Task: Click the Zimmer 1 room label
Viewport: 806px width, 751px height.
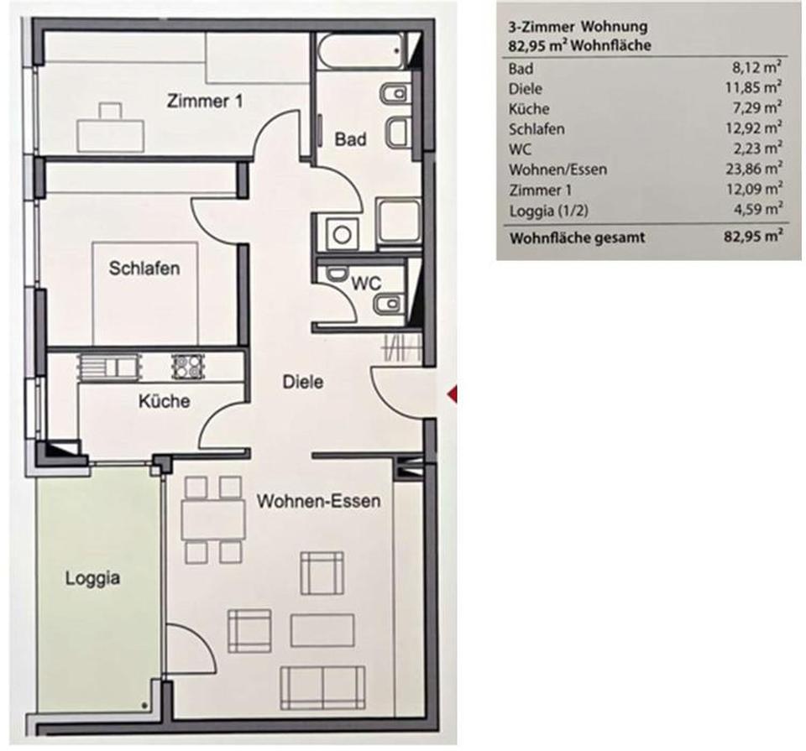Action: pos(205,102)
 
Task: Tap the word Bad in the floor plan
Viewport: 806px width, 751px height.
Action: pos(351,139)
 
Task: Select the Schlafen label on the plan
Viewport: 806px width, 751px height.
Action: pos(144,269)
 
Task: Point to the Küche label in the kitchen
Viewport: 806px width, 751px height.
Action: pos(164,401)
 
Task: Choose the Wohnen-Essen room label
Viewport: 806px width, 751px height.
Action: pos(318,502)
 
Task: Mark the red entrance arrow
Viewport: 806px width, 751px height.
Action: pos(452,392)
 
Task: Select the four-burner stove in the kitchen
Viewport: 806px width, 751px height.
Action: pos(187,367)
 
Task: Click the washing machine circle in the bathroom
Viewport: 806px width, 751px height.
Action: pos(341,232)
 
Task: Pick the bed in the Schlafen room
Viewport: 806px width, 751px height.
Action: pos(145,293)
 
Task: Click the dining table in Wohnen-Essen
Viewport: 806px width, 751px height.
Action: pos(213,519)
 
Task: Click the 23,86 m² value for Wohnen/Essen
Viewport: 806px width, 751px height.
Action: pos(754,169)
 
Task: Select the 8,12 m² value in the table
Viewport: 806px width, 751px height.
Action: pos(758,69)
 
